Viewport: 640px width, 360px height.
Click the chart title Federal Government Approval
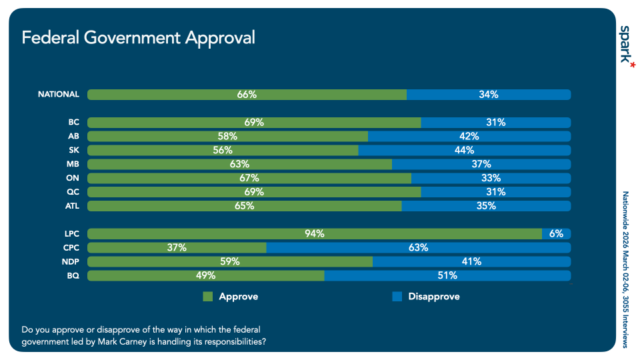[x=138, y=37]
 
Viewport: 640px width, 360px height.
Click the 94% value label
[x=315, y=234]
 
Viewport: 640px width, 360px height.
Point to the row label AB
[x=73, y=137]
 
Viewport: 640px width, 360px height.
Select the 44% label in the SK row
[x=465, y=151]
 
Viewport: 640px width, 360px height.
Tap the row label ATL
[x=71, y=206]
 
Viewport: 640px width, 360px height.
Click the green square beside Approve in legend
[x=208, y=297]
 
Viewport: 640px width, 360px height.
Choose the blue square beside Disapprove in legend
[x=397, y=297]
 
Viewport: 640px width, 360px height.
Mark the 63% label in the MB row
[x=239, y=165]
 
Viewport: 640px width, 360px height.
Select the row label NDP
[x=70, y=262]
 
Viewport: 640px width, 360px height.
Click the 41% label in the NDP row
[x=471, y=262]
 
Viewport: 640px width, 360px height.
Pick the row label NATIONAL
[x=59, y=95]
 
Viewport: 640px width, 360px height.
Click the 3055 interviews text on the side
[x=625, y=319]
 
